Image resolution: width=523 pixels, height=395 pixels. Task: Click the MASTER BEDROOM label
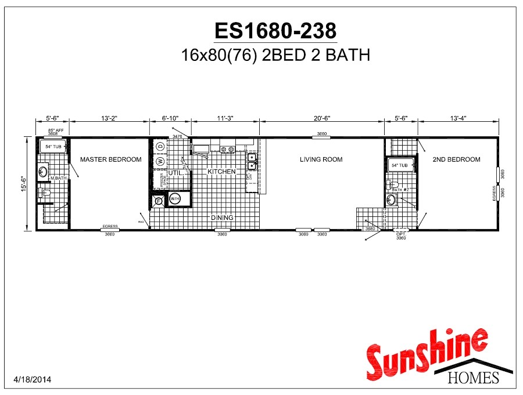click(x=110, y=160)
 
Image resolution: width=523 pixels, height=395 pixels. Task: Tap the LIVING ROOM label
click(x=321, y=160)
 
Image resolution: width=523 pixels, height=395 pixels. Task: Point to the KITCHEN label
click(x=222, y=172)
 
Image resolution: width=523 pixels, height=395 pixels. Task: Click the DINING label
click(x=222, y=218)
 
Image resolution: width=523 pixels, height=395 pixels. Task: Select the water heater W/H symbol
click(x=175, y=200)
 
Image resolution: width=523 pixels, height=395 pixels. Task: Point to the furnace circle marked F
click(x=159, y=201)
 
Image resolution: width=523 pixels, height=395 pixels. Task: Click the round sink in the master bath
click(x=43, y=171)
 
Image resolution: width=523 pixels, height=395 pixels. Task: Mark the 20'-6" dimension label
click(x=321, y=118)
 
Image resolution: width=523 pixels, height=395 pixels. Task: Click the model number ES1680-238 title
click(x=275, y=30)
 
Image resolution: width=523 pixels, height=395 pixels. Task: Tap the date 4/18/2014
click(x=32, y=380)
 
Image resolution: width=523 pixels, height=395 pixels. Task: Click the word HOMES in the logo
click(x=474, y=378)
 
